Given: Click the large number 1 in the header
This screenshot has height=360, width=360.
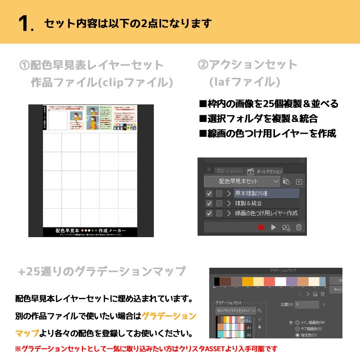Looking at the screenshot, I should (26, 24).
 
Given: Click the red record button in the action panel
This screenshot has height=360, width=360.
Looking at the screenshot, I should (261, 227).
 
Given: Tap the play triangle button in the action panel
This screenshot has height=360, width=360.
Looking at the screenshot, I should (273, 227).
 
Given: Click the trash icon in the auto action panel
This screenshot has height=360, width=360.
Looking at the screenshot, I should (298, 227).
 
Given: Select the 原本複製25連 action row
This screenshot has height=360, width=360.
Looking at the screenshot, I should (265, 193).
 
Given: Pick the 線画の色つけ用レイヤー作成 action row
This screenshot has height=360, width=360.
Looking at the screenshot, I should (265, 213).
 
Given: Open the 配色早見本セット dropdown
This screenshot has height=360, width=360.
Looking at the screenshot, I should (242, 181).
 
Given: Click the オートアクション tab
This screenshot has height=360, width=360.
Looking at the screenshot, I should (269, 171).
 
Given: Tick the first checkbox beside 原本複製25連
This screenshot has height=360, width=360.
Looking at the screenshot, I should (209, 193).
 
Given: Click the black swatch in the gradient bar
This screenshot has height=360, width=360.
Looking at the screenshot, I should (216, 281).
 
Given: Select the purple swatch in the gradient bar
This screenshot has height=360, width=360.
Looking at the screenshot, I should (292, 281).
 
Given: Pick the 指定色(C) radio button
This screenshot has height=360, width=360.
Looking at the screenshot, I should (297, 335).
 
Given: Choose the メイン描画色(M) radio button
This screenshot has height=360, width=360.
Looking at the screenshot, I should (297, 322).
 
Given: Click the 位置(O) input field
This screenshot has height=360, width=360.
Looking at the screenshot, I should (307, 305).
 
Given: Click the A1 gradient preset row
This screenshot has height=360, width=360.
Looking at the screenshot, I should (234, 327).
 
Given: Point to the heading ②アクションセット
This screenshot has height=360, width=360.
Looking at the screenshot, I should (247, 65).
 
